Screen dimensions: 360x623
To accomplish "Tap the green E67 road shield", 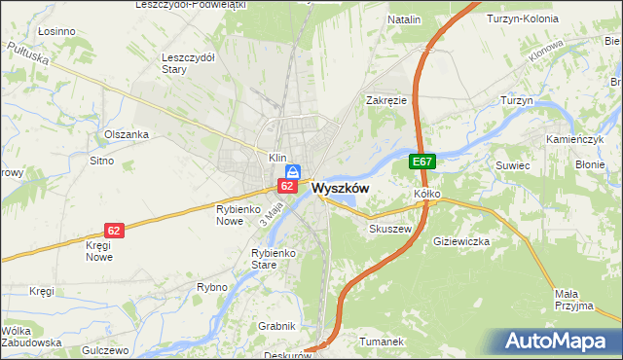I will (421, 162).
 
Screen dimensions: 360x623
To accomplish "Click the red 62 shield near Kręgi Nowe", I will (115, 231).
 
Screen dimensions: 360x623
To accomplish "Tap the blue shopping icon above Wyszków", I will (291, 170).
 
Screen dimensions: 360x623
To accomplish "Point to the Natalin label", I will (404, 19).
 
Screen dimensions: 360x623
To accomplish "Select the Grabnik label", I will (275, 326).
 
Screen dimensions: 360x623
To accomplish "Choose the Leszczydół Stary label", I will (188, 63).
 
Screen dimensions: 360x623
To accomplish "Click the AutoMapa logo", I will (558, 341).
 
